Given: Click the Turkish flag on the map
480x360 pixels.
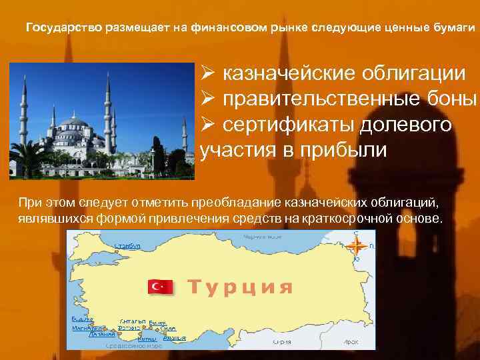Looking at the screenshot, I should [x=161, y=287].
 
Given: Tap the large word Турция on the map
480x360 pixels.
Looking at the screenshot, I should [x=240, y=287].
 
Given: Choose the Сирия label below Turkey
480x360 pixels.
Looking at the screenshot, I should [x=280, y=341].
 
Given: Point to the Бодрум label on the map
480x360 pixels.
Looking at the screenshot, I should [x=82, y=319].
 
